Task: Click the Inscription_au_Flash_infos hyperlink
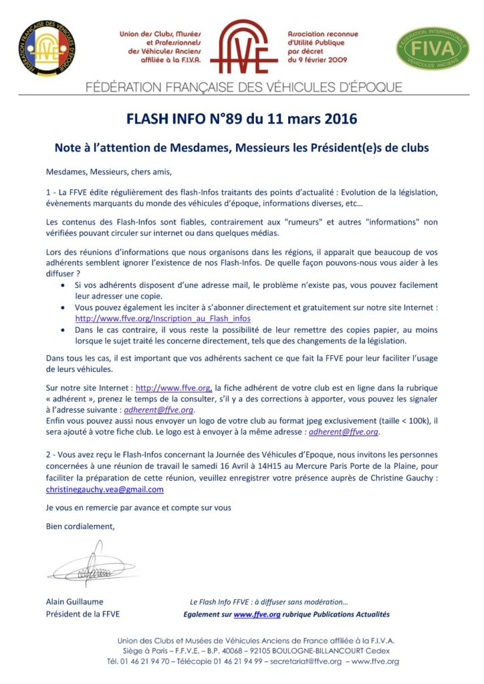163,319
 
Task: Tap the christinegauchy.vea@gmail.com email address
104,489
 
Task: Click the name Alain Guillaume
75,601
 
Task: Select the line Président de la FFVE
83,614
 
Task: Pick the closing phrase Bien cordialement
80,526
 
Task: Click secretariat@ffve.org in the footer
307,661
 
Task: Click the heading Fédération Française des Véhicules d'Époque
243,88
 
